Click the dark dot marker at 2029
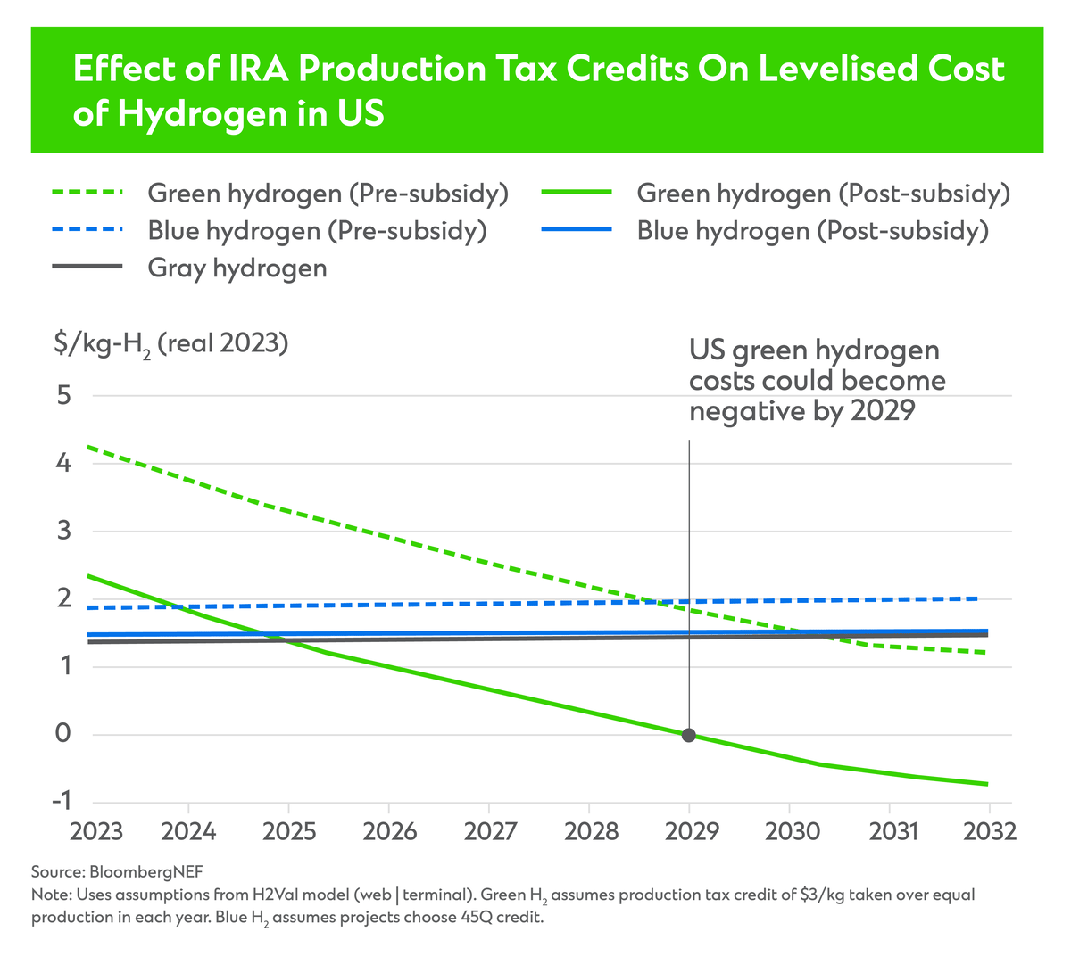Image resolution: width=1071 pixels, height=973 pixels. (x=688, y=735)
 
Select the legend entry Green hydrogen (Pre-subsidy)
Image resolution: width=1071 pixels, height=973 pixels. (x=328, y=194)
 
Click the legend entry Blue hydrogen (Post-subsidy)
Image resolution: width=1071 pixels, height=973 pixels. (x=812, y=231)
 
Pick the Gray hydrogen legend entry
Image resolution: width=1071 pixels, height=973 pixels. (x=237, y=268)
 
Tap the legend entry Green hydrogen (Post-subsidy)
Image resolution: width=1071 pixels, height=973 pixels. (x=823, y=194)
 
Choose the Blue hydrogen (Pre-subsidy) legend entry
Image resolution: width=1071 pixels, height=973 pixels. (x=317, y=231)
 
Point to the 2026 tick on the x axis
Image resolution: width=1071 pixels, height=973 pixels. (x=390, y=831)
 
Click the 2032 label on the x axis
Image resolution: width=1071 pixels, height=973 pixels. (x=990, y=831)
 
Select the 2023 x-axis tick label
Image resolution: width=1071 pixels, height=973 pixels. (x=96, y=831)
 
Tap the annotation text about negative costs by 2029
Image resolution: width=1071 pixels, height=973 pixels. (x=817, y=381)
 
